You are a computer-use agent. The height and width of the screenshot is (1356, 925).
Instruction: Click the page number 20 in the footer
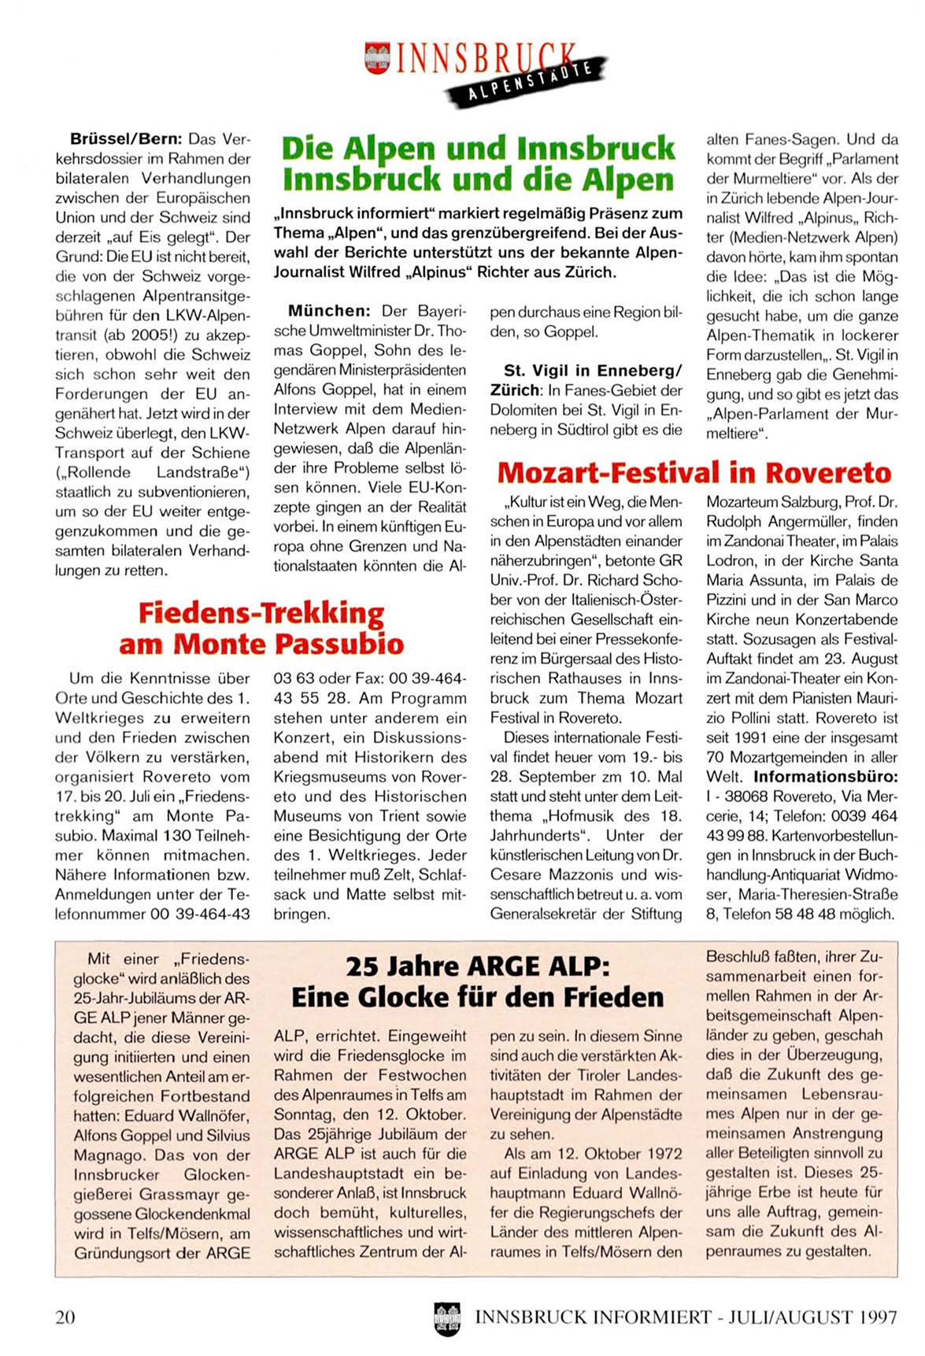coord(65,1317)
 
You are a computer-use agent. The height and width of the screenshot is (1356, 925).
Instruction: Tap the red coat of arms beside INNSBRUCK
coord(377,59)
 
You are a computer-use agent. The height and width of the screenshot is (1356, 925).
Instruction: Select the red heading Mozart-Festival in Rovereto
coord(694,472)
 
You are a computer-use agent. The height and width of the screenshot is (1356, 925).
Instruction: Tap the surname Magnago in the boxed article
coord(107,1155)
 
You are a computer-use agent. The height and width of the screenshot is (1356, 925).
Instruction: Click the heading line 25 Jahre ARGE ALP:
coord(477,966)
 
